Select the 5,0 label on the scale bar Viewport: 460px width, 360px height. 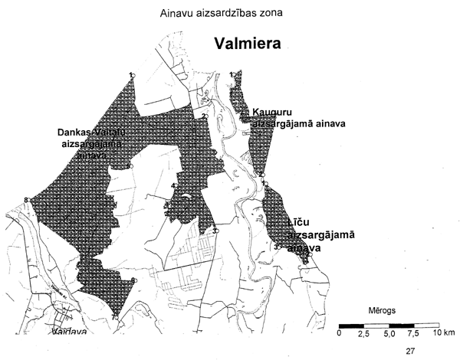click(x=389, y=335)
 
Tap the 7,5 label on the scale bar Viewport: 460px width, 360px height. click(x=414, y=335)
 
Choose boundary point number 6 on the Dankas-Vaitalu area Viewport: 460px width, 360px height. click(x=133, y=280)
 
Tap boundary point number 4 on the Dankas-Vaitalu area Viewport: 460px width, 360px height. click(x=173, y=185)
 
